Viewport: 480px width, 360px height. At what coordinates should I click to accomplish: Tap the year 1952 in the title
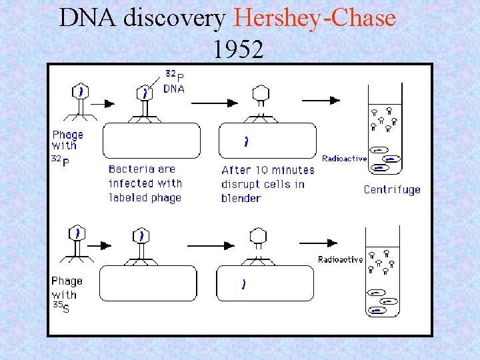(239, 48)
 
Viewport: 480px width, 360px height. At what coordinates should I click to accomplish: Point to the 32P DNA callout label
(175, 82)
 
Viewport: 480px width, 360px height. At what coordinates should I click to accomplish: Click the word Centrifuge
(392, 190)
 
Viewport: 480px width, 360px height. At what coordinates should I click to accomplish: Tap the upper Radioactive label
(344, 159)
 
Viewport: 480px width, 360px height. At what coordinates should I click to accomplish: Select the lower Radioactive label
(340, 259)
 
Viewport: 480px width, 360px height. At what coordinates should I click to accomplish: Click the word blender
(241, 198)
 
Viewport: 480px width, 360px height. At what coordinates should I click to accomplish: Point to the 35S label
(61, 307)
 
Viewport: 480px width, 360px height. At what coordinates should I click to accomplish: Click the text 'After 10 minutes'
(267, 170)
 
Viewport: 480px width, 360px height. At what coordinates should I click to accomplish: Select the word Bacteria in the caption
(131, 169)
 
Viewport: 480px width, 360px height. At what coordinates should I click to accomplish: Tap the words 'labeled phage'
(145, 197)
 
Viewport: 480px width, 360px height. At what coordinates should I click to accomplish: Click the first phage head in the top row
(81, 91)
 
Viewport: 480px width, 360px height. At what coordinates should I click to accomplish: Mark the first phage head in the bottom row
(79, 233)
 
